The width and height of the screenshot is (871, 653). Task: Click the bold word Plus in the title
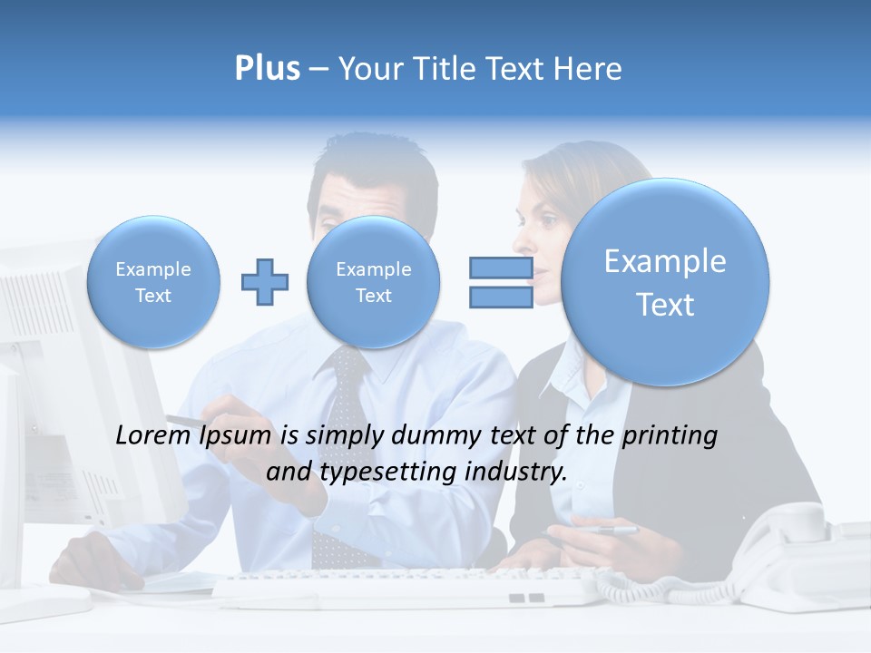(267, 69)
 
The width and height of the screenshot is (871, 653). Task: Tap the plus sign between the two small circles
(265, 282)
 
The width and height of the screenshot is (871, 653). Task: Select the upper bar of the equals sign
(501, 268)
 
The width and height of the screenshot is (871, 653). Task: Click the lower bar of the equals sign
(501, 297)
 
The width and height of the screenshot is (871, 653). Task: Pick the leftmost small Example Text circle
(153, 282)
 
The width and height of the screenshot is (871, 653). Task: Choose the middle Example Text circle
(374, 282)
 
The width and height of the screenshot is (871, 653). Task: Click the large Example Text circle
(665, 282)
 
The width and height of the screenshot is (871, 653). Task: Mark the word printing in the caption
(670, 436)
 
